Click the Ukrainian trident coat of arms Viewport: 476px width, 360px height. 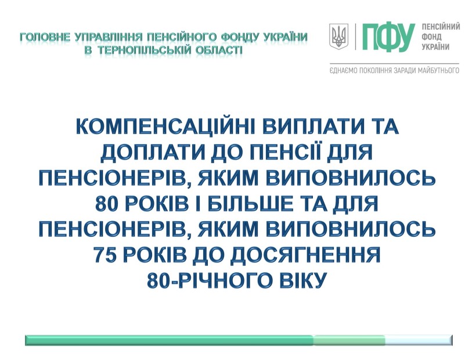pos(339,37)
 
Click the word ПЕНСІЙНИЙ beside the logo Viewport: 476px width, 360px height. pos(441,27)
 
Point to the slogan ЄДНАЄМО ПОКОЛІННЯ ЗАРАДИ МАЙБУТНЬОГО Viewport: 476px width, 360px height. pos(394,71)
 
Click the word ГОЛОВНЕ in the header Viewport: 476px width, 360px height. pos(45,37)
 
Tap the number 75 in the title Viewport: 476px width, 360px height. pos(106,254)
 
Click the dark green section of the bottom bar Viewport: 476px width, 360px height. pos(170,340)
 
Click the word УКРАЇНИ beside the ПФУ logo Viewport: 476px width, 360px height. pos(435,47)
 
